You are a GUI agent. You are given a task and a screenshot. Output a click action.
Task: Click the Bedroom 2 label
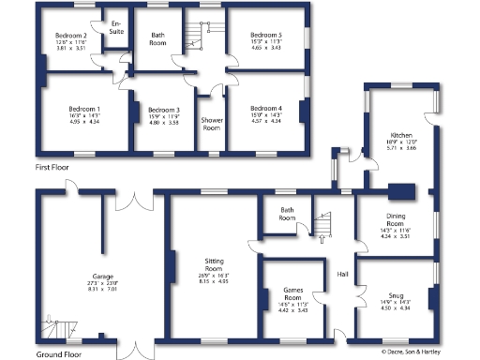click(72, 36)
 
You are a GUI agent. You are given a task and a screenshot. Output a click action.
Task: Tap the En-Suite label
click(116, 28)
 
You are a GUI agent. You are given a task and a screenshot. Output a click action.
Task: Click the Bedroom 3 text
click(163, 110)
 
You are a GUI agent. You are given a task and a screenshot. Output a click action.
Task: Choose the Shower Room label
click(211, 123)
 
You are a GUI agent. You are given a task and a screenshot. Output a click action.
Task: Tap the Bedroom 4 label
click(266, 109)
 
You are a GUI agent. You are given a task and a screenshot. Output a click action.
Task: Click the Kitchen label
click(402, 136)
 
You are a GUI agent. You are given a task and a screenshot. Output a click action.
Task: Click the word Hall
click(343, 275)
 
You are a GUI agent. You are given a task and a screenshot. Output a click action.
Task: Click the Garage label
click(89, 264)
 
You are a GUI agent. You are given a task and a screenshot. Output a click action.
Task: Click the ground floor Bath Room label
click(288, 214)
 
